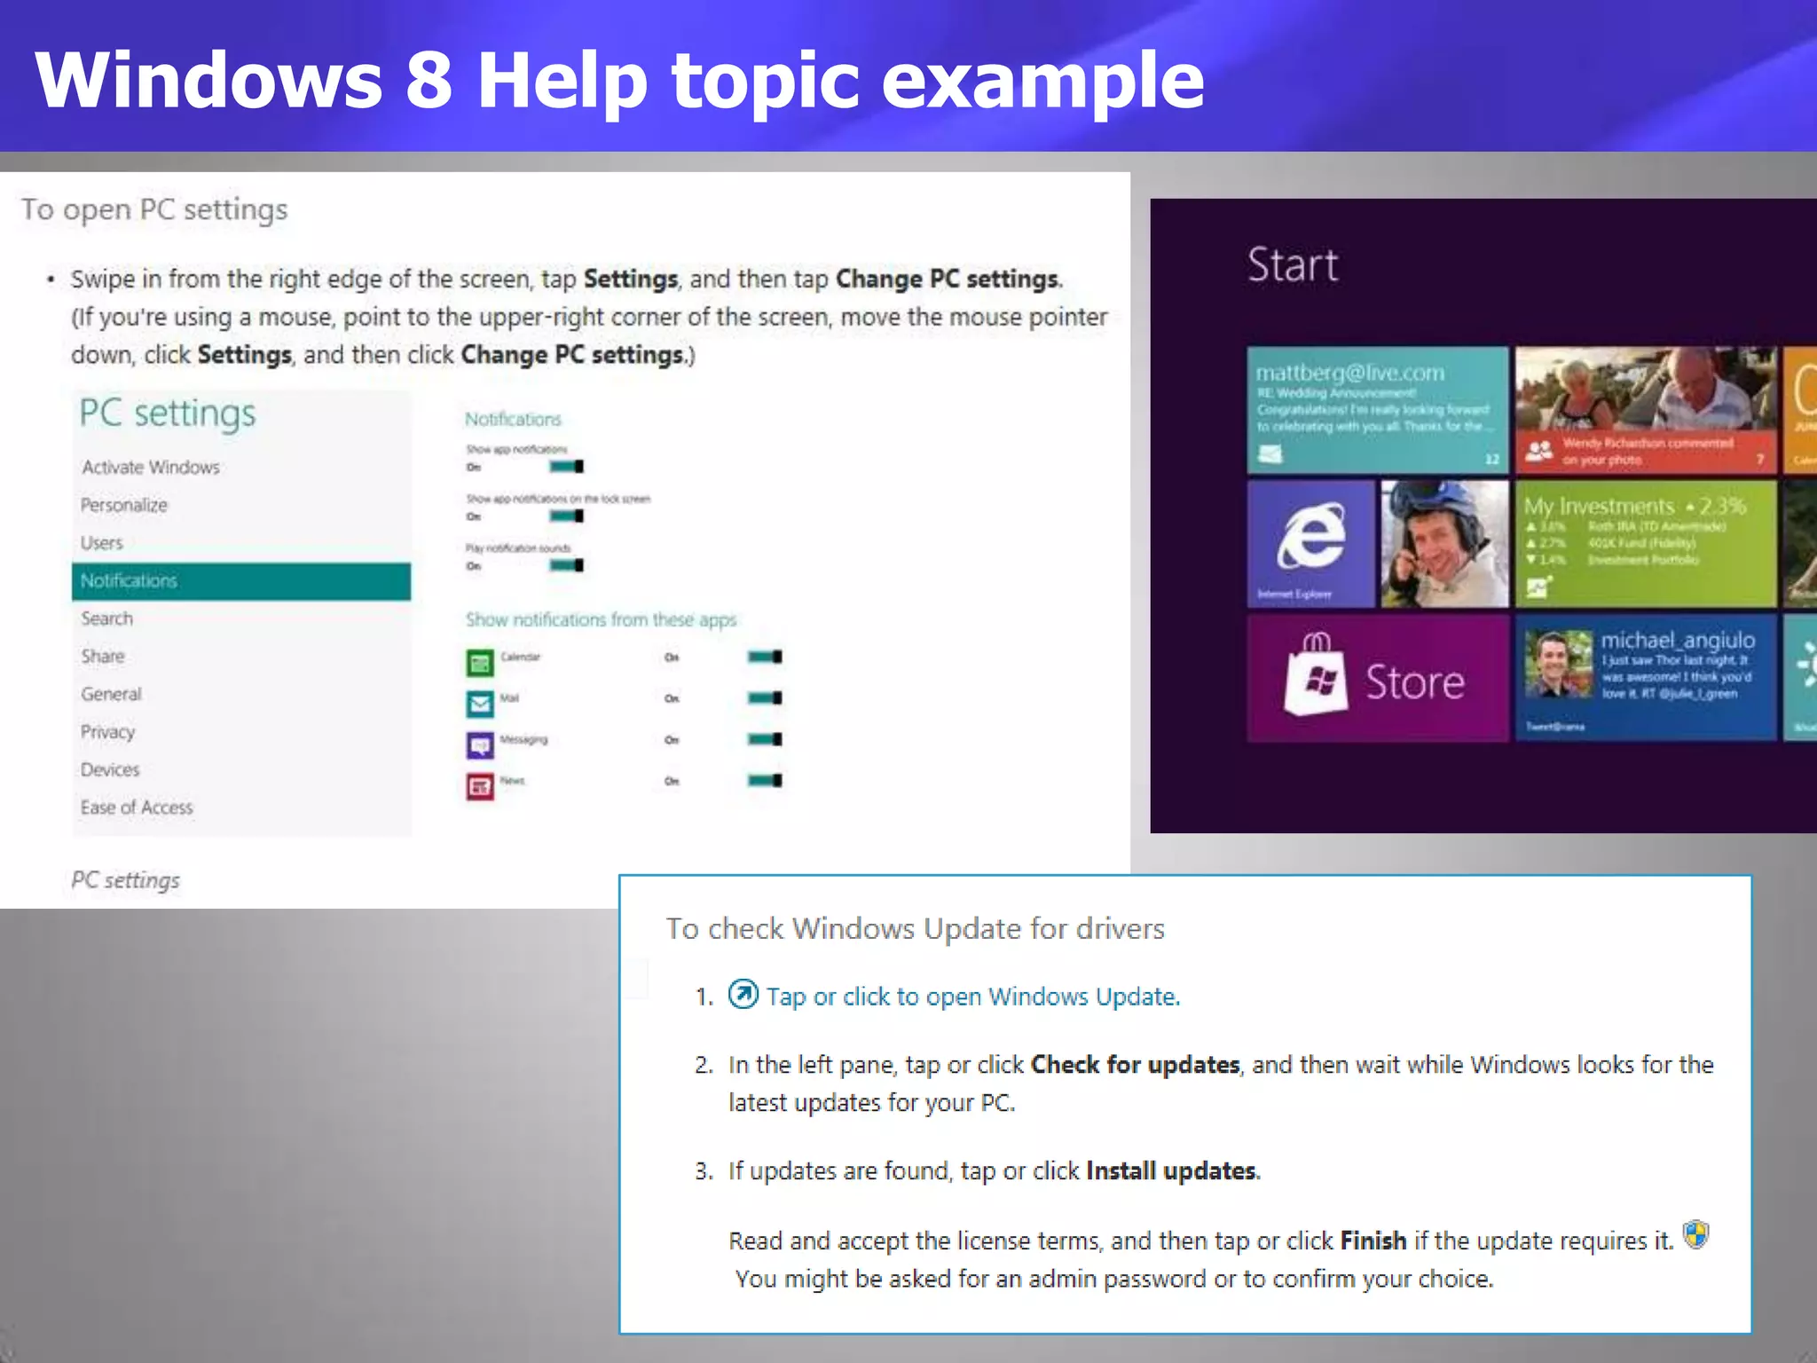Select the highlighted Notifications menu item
240,581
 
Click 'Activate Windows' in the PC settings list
151,468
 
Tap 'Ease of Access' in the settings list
137,808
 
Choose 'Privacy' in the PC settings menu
108,732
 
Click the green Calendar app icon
480,662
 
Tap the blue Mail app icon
480,704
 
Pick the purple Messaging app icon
480,745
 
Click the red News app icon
480,786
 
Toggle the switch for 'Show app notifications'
566,467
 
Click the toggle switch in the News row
764,781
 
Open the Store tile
1377,678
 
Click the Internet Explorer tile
1310,544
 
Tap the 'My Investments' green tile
1645,544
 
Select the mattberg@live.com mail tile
1377,410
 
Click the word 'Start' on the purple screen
1293,264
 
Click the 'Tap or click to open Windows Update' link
972,997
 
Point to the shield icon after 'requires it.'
1695,1234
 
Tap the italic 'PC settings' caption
125,880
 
